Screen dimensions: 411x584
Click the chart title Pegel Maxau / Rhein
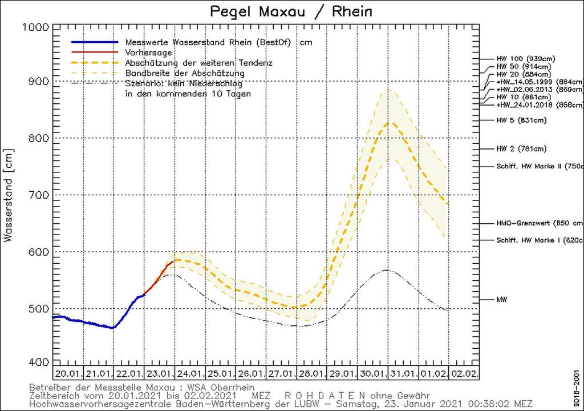[292, 11]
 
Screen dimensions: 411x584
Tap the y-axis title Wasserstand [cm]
[9, 194]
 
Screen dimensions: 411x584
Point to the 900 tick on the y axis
[39, 82]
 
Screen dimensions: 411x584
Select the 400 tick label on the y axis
[39, 362]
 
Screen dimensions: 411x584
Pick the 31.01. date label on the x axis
[403, 374]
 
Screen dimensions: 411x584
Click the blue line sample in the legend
[94, 42]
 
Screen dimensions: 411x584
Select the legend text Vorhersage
[145, 53]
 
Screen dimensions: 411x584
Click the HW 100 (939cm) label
[525, 59]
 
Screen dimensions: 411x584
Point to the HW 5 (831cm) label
[521, 120]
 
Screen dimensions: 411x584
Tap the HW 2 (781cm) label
[521, 149]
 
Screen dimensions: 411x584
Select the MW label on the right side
[501, 299]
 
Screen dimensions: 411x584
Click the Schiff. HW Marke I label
[539, 240]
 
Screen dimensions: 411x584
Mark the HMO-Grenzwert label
[539, 223]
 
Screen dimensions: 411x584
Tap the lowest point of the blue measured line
[113, 328]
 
